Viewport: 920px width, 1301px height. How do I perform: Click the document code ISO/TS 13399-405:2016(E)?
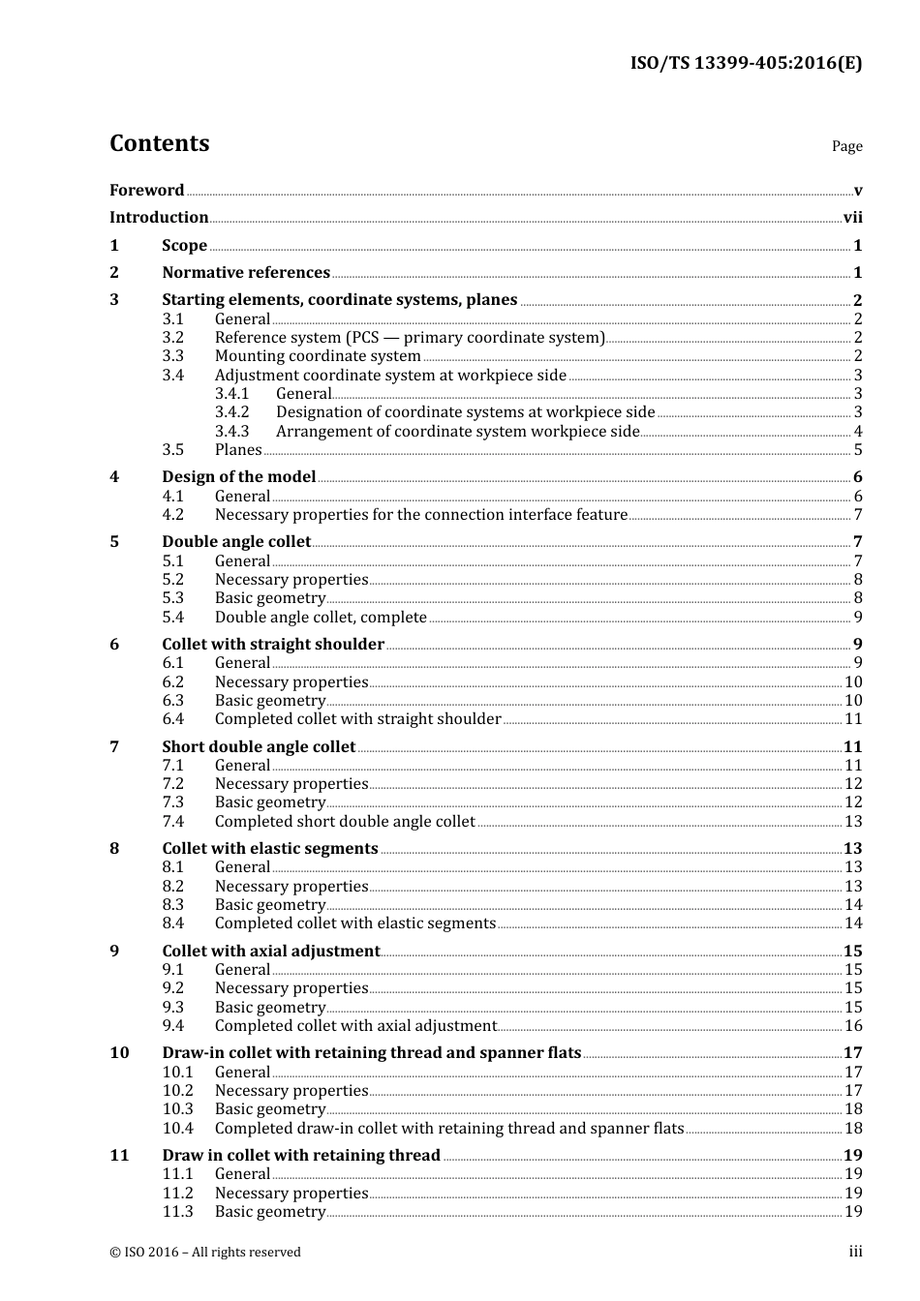(746, 64)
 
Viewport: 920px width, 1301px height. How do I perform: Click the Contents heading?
(159, 143)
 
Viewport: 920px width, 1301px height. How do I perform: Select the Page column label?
(846, 146)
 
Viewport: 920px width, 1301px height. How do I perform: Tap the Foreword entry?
(146, 190)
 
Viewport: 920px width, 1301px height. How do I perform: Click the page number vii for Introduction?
(852, 218)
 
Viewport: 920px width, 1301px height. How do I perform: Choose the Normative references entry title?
(246, 273)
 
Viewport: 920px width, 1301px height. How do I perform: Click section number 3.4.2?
(231, 412)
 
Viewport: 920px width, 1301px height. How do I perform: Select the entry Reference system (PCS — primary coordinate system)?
(410, 338)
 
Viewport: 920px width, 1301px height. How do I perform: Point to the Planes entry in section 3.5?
(238, 450)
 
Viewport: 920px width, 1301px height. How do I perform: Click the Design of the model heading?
(239, 477)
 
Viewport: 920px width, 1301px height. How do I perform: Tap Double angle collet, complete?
(321, 618)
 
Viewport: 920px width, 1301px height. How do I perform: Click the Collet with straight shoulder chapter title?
(273, 645)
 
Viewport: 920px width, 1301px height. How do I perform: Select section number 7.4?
(172, 822)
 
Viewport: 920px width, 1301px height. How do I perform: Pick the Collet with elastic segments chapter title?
(270, 849)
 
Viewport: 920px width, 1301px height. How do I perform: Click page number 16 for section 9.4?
(853, 1026)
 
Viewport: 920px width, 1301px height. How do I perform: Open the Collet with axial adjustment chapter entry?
(271, 952)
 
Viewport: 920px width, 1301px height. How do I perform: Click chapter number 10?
(119, 1053)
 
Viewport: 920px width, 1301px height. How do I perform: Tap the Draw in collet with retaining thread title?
(301, 1156)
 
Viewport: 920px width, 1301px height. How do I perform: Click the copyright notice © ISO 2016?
(205, 1253)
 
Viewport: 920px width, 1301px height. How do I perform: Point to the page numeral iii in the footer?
(855, 1252)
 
